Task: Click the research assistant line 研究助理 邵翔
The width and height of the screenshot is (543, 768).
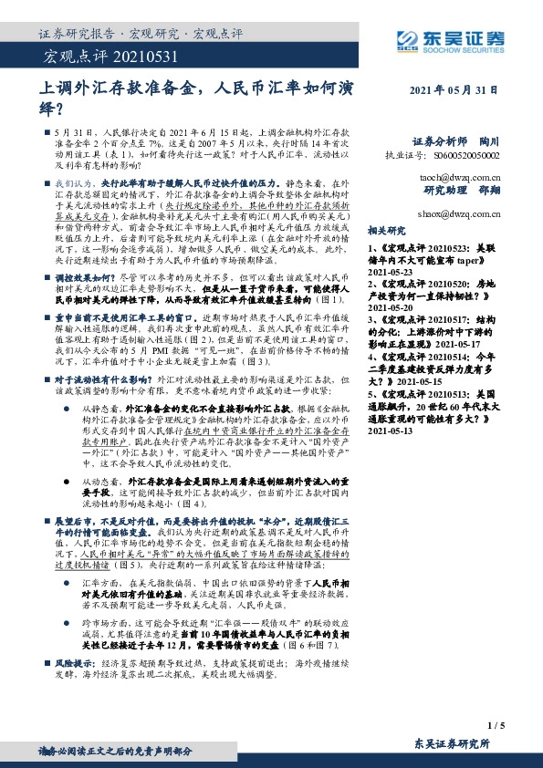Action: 462,192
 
